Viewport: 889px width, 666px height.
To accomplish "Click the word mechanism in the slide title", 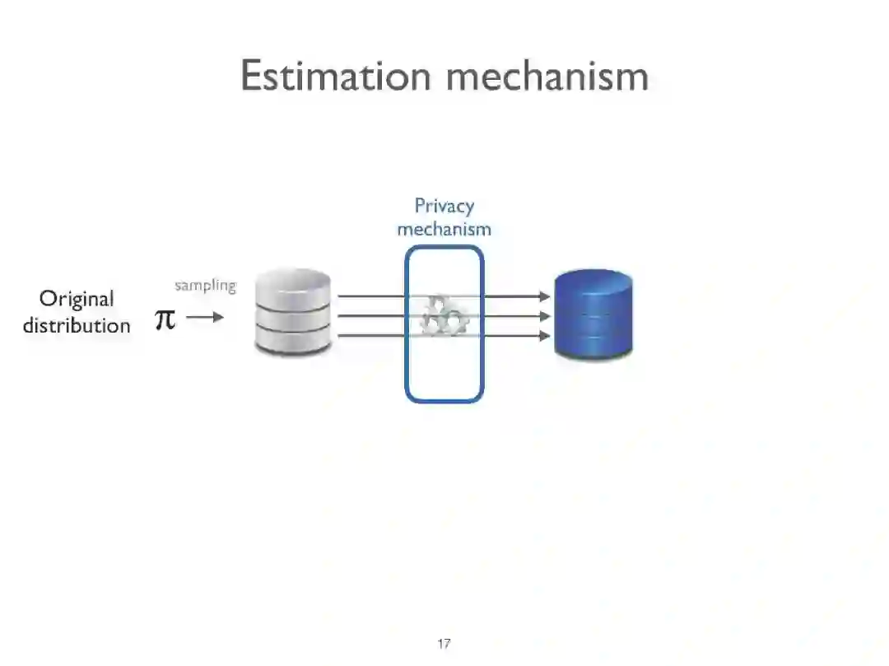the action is point(547,77).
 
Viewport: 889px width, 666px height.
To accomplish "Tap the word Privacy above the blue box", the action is point(444,206).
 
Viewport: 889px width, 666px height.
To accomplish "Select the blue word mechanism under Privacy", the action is point(444,229).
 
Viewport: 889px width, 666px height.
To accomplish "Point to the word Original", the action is point(77,299).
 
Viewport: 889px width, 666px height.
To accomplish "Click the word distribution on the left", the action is point(77,325).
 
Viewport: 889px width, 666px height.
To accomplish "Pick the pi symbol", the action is point(165,319).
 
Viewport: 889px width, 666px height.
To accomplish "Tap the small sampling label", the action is point(205,286).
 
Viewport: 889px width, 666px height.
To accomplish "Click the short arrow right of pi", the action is point(205,317).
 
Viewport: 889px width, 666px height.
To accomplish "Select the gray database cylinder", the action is point(293,313).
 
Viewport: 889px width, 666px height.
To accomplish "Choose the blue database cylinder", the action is point(593,314).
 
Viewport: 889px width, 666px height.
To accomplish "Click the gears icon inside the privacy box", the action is point(444,317).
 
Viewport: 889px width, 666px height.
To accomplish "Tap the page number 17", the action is point(444,644).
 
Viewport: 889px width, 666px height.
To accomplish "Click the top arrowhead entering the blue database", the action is point(544,296).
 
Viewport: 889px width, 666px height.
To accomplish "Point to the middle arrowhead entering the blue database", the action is point(544,315).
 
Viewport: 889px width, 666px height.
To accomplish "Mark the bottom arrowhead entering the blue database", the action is point(544,336).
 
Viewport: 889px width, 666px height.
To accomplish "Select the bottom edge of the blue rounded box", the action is point(444,401).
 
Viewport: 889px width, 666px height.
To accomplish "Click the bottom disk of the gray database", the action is point(293,338).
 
